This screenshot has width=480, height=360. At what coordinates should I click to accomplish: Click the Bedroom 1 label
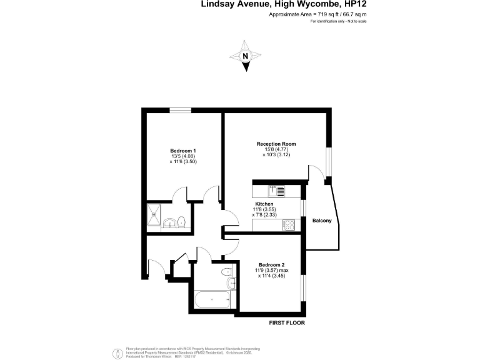tap(183, 151)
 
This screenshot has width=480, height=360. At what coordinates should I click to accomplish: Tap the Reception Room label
tap(276, 144)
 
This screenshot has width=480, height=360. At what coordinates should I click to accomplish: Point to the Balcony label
tap(322, 219)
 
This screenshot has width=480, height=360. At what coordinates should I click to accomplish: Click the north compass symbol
tap(246, 56)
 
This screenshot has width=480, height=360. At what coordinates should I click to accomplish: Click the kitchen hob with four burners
tap(291, 225)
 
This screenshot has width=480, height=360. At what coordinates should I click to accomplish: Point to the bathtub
tap(212, 301)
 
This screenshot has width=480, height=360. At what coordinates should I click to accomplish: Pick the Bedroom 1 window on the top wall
tap(181, 111)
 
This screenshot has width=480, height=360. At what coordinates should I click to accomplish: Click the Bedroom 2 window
tap(304, 284)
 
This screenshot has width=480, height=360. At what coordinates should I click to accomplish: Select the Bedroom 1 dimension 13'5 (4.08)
tap(183, 156)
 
